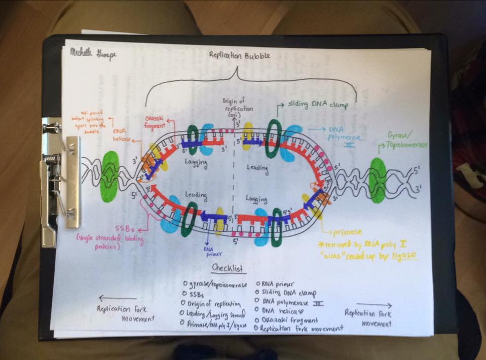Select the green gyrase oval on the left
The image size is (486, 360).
(x=110, y=176)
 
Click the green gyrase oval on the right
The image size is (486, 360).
(x=378, y=180)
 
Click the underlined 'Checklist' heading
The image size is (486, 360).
(x=228, y=267)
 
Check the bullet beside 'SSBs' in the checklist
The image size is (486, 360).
(x=184, y=294)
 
